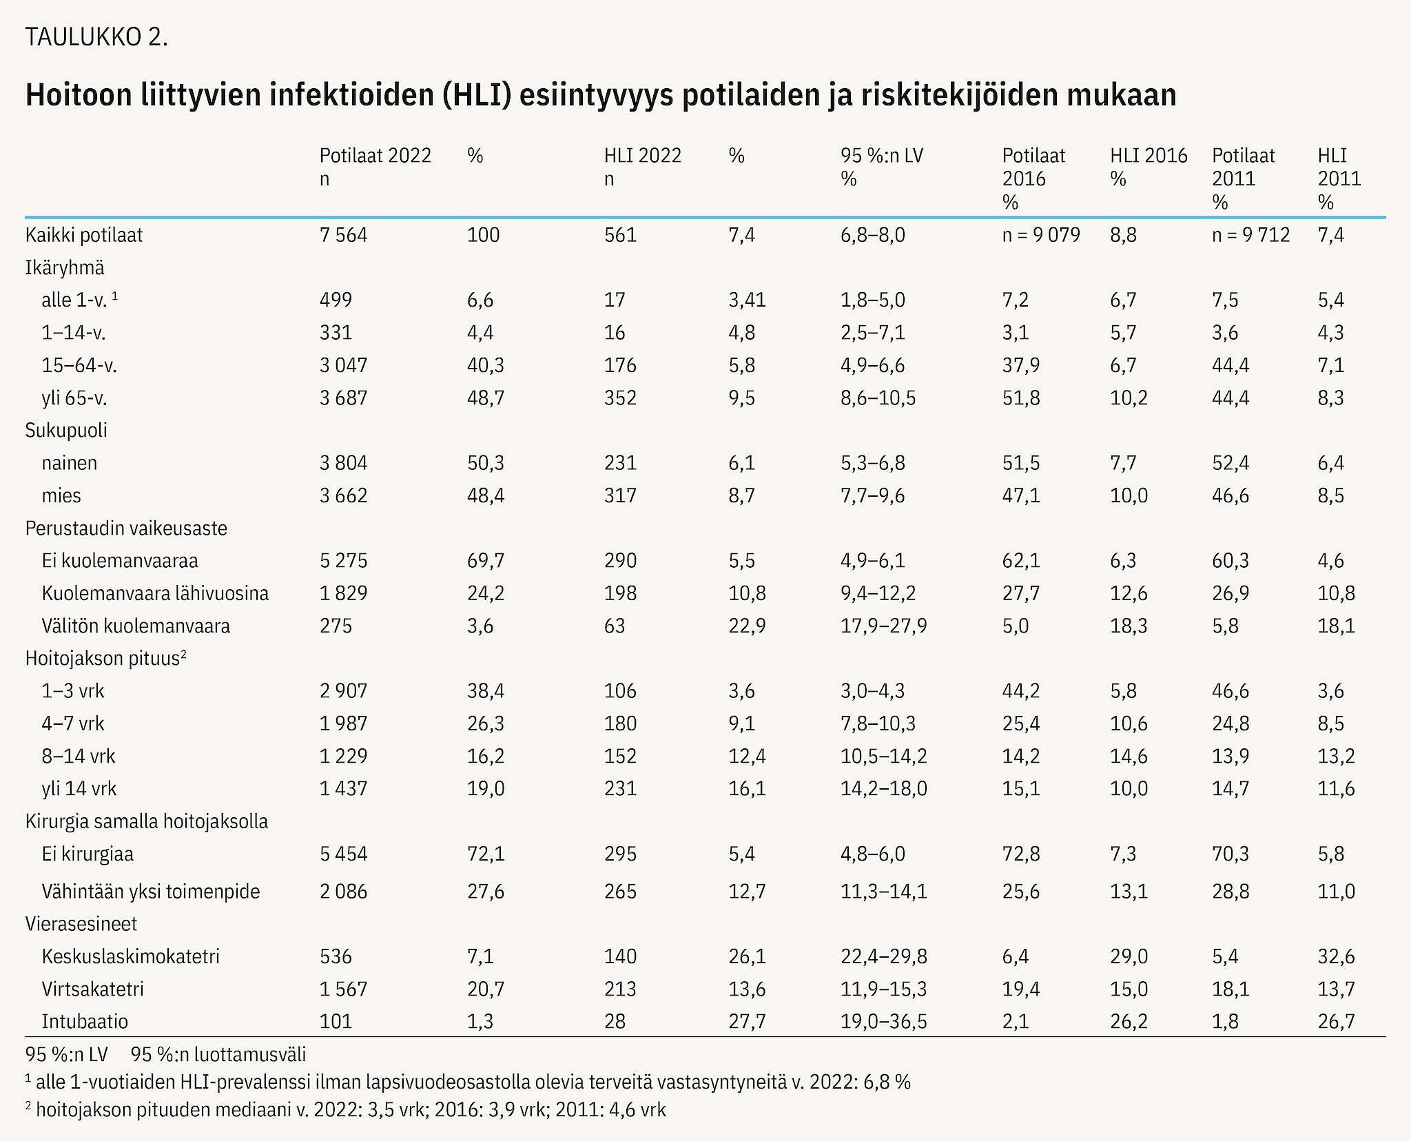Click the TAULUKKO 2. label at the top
[96, 37]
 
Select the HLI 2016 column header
[1149, 167]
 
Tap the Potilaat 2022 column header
[375, 167]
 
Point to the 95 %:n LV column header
[881, 167]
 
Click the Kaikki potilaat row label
[84, 235]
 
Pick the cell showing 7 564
[343, 235]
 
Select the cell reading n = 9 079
[1041, 235]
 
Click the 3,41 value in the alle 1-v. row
[747, 300]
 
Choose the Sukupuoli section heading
[66, 431]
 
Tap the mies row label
[61, 495]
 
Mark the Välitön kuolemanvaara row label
[136, 626]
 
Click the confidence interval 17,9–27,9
[883, 626]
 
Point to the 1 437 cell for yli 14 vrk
[343, 789]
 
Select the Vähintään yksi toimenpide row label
[151, 892]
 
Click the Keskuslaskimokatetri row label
[130, 956]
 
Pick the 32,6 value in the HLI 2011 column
[1336, 956]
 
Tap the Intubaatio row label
[85, 1021]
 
